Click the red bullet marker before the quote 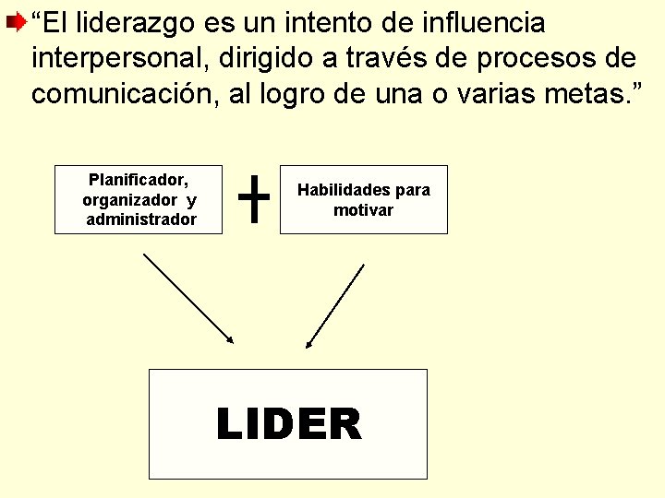pos(16,19)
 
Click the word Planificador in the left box pos(139,181)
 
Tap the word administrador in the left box pos(141,219)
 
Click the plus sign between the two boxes pos(254,200)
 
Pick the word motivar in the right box pos(364,210)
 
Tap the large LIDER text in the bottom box pos(288,425)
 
